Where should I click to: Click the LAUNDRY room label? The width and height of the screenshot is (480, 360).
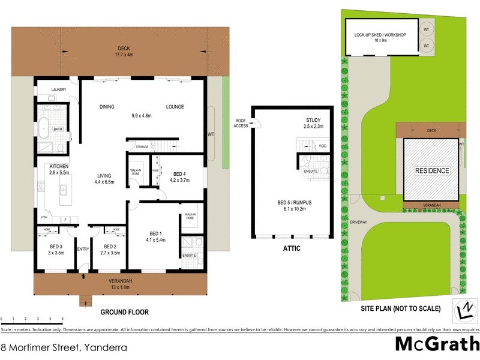tap(58, 89)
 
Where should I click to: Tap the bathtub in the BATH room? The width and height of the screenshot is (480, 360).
tap(44, 128)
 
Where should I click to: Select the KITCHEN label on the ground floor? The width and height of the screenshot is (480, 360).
tap(59, 166)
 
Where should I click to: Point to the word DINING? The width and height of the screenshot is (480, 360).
tap(107, 107)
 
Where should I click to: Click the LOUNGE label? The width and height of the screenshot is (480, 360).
tap(175, 107)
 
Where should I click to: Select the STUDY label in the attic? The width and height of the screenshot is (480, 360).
tap(313, 120)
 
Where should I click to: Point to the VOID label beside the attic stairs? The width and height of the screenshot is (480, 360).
tap(322, 146)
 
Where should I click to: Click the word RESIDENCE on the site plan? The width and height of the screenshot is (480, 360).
tap(432, 170)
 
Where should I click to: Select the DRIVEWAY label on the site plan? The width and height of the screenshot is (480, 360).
tap(358, 221)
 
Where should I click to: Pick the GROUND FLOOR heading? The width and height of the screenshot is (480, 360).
tap(124, 312)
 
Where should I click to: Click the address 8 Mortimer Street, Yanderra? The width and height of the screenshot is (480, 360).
tap(64, 347)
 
